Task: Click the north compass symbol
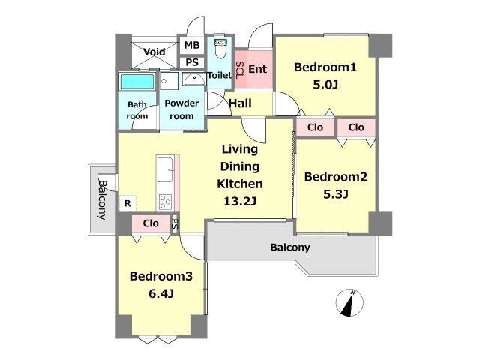(349, 302)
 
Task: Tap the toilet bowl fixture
(220, 48)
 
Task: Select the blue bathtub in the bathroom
(137, 82)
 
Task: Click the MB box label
(192, 45)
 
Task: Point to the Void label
(154, 52)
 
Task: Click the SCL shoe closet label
(240, 70)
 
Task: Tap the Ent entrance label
(258, 69)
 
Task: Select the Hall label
(240, 103)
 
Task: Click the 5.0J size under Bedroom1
(325, 85)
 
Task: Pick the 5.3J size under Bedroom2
(336, 194)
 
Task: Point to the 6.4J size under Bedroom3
(161, 293)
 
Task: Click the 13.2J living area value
(240, 202)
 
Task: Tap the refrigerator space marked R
(127, 203)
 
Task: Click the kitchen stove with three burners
(165, 202)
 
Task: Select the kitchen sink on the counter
(165, 169)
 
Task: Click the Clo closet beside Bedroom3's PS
(151, 223)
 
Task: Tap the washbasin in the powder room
(194, 79)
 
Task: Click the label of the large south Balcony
(290, 247)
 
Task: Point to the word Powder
(181, 103)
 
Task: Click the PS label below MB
(192, 62)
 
